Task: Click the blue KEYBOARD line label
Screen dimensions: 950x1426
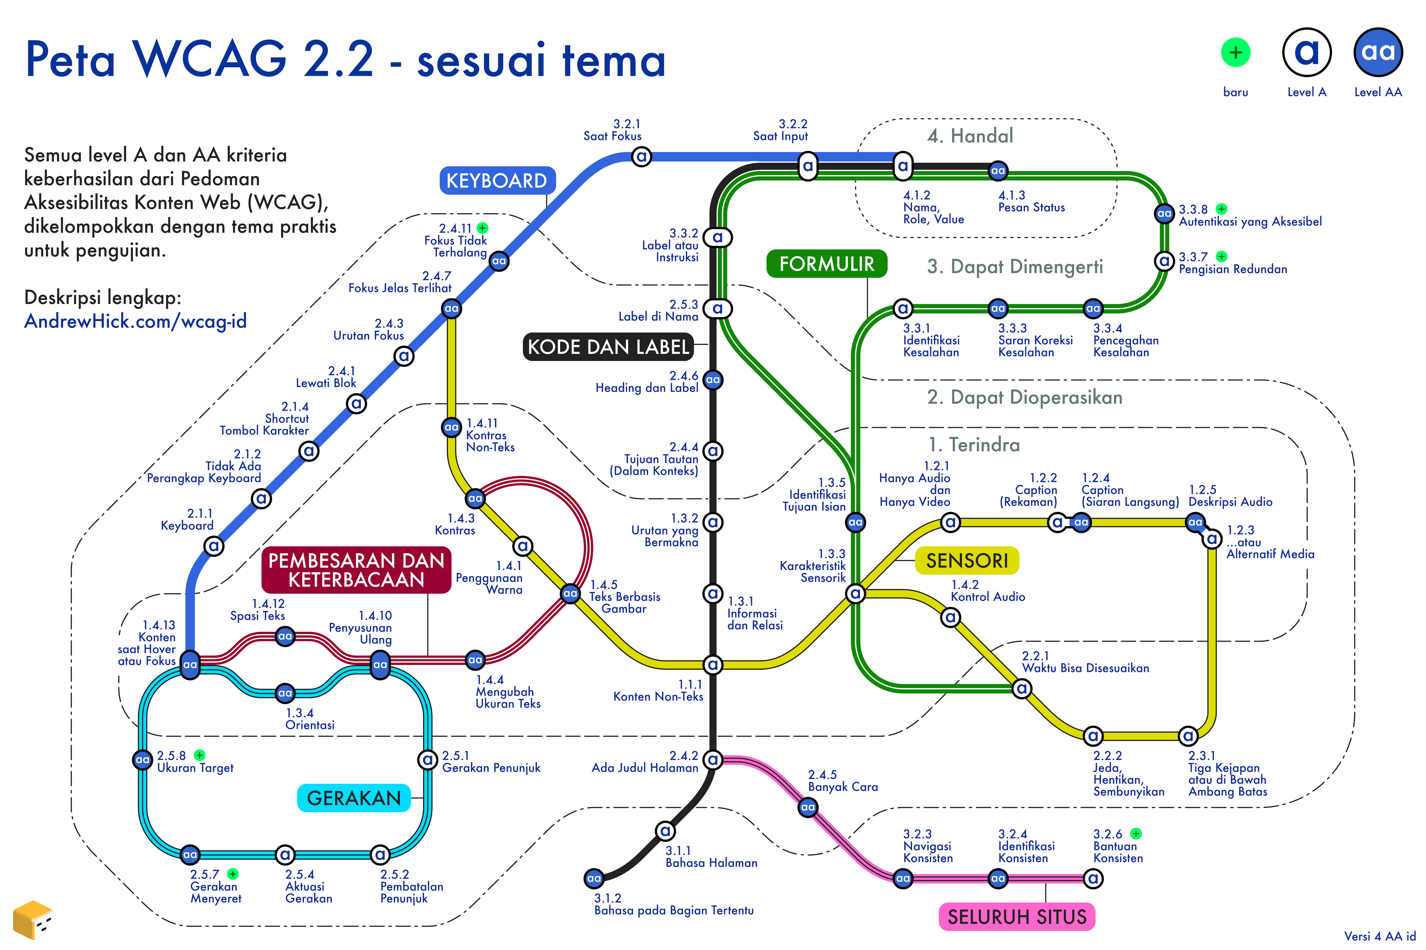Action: click(x=496, y=180)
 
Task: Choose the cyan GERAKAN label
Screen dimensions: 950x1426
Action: click(x=354, y=798)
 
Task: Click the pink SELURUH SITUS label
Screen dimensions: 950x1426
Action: click(x=1017, y=917)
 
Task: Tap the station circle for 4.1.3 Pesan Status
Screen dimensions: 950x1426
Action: click(x=998, y=171)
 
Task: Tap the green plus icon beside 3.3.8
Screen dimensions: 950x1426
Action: click(x=1222, y=209)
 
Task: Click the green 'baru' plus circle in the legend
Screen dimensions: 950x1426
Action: click(x=1236, y=53)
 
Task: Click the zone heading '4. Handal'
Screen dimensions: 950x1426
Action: click(x=970, y=136)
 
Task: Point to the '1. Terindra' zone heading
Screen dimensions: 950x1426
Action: click(x=974, y=445)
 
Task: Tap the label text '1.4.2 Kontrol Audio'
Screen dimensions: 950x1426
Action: click(x=988, y=591)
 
